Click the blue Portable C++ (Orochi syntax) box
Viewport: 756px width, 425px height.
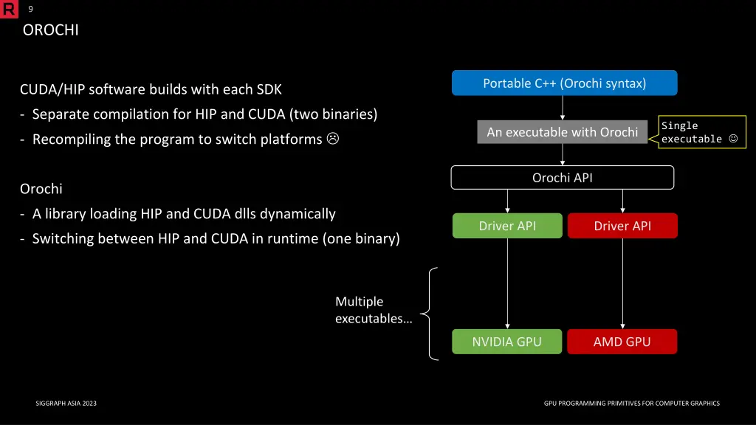[564, 83]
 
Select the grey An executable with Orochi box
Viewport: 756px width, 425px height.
[562, 132]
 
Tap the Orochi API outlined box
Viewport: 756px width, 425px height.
[562, 178]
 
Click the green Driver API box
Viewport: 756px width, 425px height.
[507, 226]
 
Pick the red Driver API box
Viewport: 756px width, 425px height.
[622, 226]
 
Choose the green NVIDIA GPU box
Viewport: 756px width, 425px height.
[507, 342]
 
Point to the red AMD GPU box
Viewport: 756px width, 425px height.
[622, 342]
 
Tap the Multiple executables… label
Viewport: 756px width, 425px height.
[374, 310]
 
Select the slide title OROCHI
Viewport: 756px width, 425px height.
[50, 30]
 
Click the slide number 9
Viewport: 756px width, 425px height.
[30, 9]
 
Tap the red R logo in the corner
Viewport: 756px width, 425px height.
[9, 9]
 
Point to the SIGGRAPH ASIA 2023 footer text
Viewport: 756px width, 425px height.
[66, 404]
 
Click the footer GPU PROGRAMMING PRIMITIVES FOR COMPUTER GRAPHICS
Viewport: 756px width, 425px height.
[631, 404]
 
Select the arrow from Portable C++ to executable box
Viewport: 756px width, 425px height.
[563, 108]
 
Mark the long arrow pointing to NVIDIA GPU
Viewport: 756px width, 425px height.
[507, 283]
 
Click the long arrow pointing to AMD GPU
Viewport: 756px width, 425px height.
[622, 283]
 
